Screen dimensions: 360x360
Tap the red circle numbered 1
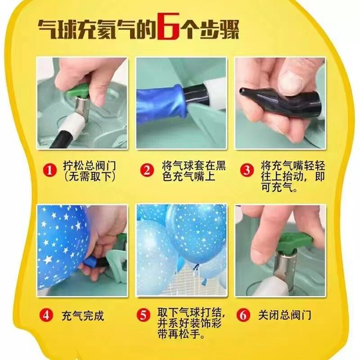click(49, 170)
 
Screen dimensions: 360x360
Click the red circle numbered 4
click(49, 315)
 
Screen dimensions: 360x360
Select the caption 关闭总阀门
click(285, 315)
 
